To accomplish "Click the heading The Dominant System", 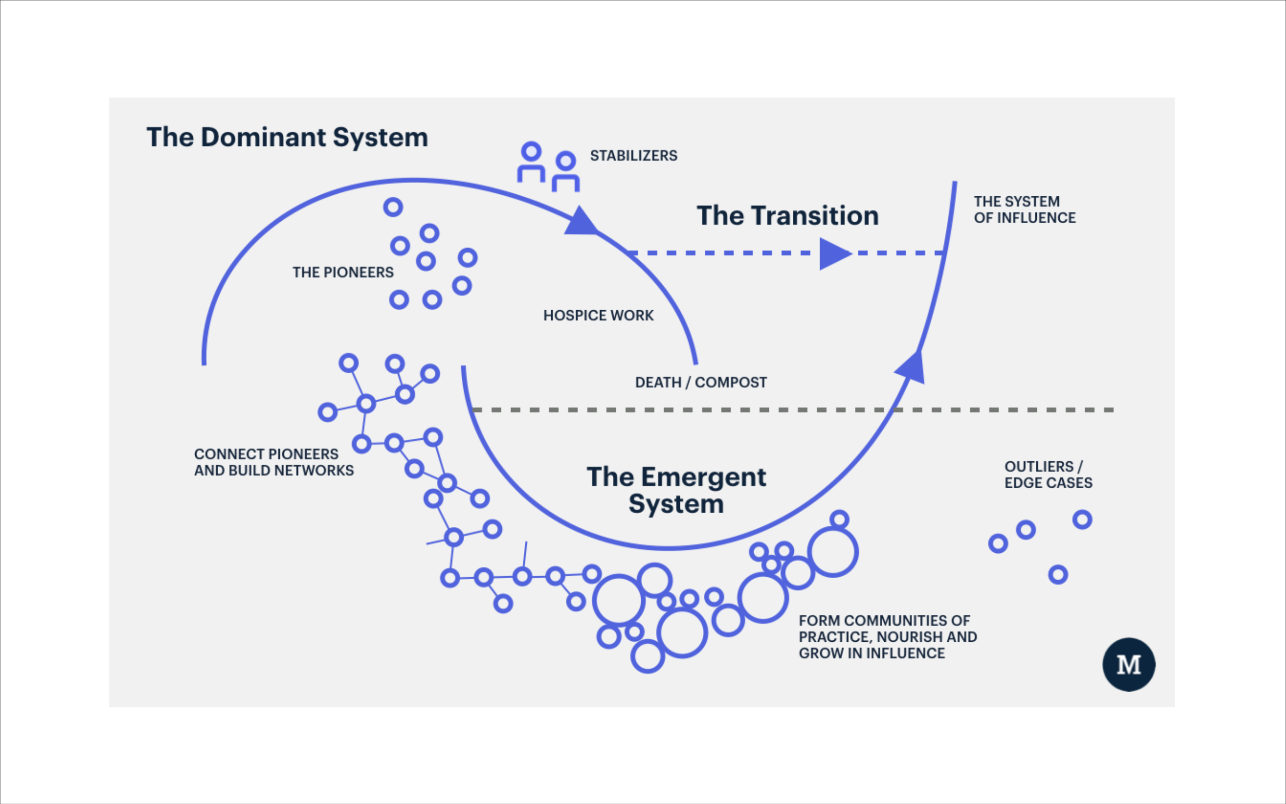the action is (287, 138).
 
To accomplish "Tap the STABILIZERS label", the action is (634, 156).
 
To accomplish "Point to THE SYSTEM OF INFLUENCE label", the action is (1025, 210).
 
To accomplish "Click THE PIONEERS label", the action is (343, 272).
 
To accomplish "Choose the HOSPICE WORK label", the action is (598, 315).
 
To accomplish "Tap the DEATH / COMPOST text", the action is (701, 382).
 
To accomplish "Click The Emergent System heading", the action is (676, 490).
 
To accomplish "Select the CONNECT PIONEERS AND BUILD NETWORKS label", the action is (274, 462).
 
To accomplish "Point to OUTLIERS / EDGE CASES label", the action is (1049, 475).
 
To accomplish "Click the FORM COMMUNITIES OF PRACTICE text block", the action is (888, 637).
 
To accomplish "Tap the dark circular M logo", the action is (1129, 665).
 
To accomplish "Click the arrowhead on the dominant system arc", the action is (581, 222).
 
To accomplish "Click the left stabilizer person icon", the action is (531, 162).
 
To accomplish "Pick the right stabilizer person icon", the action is (565, 172).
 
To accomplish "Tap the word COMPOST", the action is (731, 382).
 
